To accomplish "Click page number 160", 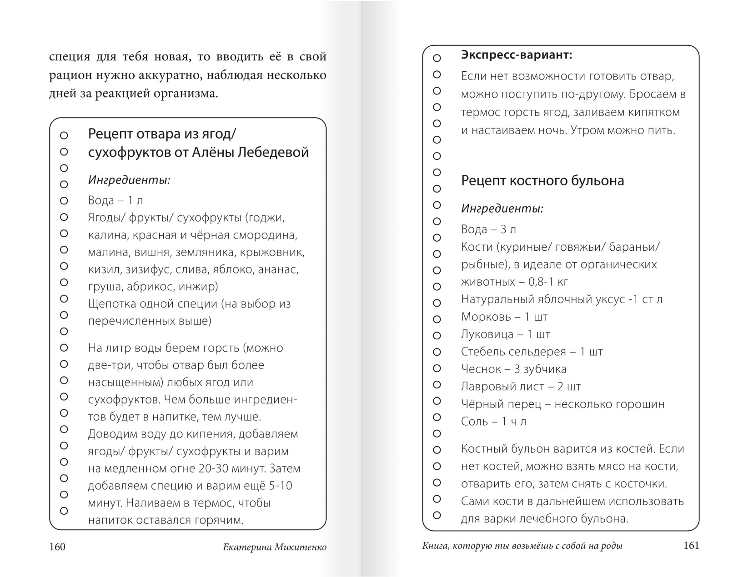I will [57, 547].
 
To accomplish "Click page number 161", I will [691, 546].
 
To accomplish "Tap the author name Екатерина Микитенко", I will [275, 547].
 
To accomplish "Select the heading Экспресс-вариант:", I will [516, 55].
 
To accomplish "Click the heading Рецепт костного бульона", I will [542, 180].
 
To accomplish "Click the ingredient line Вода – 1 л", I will [115, 200].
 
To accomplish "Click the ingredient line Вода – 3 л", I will [489, 229].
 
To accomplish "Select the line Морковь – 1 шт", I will [504, 317].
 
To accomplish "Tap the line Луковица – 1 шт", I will [506, 334].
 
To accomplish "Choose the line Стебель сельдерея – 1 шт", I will [532, 352].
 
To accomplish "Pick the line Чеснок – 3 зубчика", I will [514, 369].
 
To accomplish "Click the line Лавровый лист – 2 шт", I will [521, 387].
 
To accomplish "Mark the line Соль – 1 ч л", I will [493, 422].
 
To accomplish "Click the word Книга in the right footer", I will [434, 547].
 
